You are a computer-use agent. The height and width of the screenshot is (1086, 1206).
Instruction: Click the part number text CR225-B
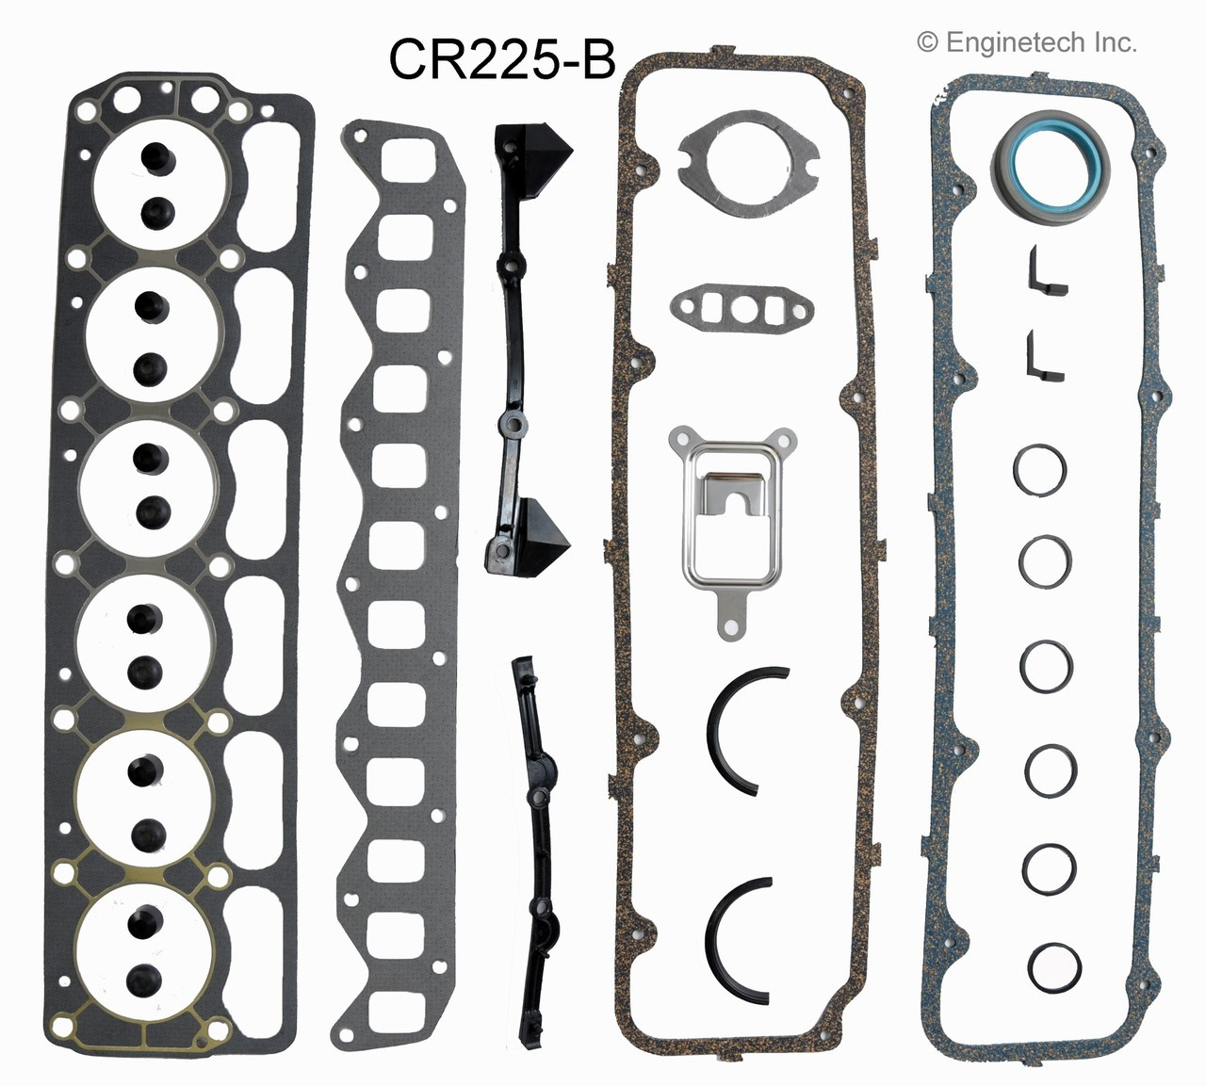click(501, 60)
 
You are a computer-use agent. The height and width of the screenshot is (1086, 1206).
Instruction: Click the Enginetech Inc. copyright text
click(1026, 42)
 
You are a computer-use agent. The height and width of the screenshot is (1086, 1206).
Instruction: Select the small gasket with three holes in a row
click(742, 306)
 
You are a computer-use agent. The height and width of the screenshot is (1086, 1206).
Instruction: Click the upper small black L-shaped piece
click(1045, 272)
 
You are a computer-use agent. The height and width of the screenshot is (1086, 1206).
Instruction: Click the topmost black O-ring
click(1040, 469)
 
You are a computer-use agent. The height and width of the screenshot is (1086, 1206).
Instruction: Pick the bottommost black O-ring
click(1054, 965)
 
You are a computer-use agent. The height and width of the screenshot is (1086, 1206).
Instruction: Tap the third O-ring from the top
click(1046, 665)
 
